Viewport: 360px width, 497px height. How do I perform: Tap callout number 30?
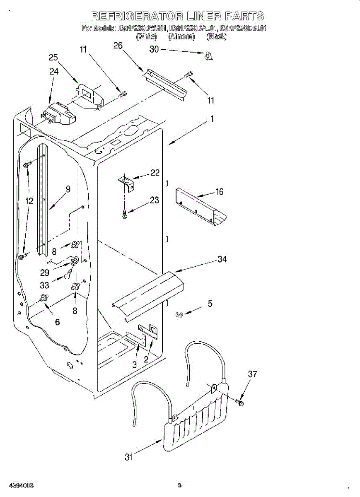154,49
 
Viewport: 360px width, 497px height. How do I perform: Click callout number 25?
53,58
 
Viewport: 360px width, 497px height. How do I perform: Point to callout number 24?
54,71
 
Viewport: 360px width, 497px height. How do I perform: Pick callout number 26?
118,46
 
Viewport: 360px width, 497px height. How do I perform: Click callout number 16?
219,191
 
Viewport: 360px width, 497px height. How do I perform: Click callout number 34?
222,259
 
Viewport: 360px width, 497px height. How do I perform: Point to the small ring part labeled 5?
179,316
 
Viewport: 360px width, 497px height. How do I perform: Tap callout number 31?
129,457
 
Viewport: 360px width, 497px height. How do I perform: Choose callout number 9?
68,189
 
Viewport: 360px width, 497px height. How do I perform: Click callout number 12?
29,201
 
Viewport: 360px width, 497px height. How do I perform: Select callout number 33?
44,285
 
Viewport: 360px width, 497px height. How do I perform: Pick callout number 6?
57,322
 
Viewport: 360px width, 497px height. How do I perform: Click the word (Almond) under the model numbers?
181,36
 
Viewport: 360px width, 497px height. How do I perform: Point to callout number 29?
45,273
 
